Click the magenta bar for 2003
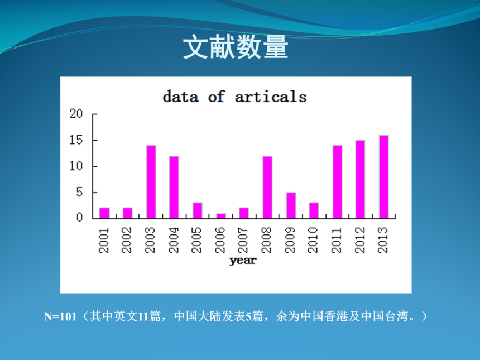[x=151, y=182]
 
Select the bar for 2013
[x=384, y=176]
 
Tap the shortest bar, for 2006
[x=221, y=216]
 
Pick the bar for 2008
[x=267, y=188]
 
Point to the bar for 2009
[x=291, y=205]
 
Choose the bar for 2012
[x=361, y=179]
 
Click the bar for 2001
[x=105, y=213]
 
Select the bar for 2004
[x=174, y=188]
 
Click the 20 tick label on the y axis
[x=76, y=114]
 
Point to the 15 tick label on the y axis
[x=76, y=140]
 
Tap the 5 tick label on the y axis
[x=80, y=192]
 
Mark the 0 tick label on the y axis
[x=80, y=217]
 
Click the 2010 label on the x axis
[x=313, y=240]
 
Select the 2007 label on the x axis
[x=243, y=240]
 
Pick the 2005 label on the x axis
[x=196, y=240]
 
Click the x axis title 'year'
[x=243, y=261]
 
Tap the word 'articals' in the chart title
[x=271, y=97]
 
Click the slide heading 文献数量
[x=236, y=47]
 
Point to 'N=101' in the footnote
[x=60, y=316]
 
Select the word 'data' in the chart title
[x=181, y=97]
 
